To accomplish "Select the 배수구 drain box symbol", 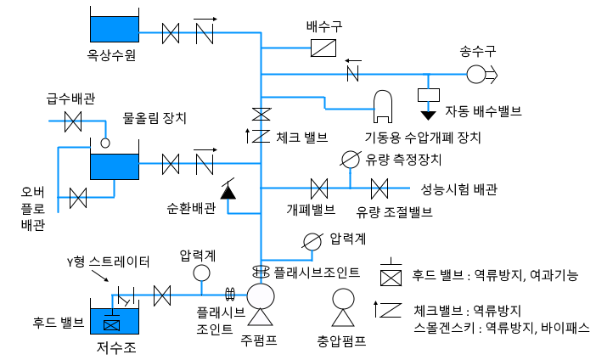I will click(323, 48).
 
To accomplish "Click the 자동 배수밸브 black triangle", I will click(429, 112).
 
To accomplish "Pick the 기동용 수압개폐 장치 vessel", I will click(383, 102).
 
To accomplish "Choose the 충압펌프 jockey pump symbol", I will click(343, 302).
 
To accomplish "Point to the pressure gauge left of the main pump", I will click(202, 272).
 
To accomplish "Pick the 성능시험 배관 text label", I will click(458, 188).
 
